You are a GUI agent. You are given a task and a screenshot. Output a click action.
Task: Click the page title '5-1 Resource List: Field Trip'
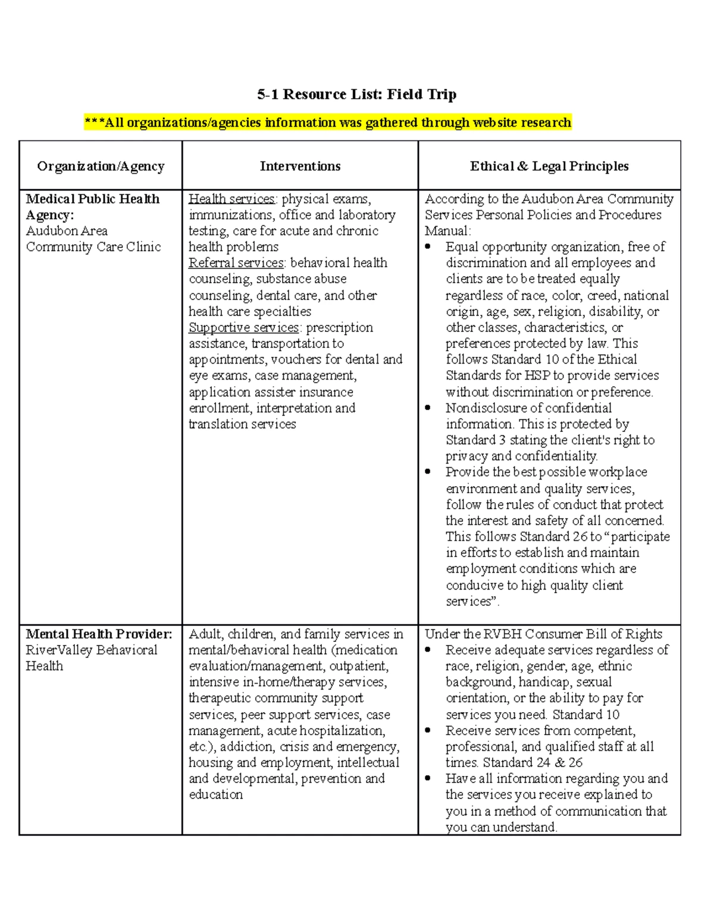tap(356, 94)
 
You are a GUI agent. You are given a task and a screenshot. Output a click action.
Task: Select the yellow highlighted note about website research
tap(328, 123)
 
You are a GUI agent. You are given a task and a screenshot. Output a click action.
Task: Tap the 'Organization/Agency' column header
tap(101, 166)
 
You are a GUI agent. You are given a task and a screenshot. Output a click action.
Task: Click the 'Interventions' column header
tap(300, 166)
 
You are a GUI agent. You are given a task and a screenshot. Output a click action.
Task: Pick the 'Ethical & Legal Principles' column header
tap(549, 166)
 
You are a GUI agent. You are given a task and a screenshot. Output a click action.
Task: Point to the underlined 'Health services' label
tap(231, 199)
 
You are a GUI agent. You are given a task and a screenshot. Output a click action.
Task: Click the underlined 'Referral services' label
tap(236, 263)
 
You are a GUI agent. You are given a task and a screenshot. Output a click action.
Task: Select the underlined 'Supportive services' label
tap(244, 327)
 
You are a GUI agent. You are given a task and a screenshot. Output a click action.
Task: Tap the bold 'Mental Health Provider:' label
tap(99, 634)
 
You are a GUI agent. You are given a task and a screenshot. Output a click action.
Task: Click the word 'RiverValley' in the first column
tap(58, 650)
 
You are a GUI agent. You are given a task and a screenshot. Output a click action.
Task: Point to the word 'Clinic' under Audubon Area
tap(143, 247)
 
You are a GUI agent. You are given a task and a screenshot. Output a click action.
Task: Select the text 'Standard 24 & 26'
tap(533, 763)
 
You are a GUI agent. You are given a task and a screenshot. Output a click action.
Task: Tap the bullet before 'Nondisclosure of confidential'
tap(428, 408)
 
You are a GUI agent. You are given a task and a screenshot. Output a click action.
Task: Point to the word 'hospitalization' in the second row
tap(342, 731)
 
